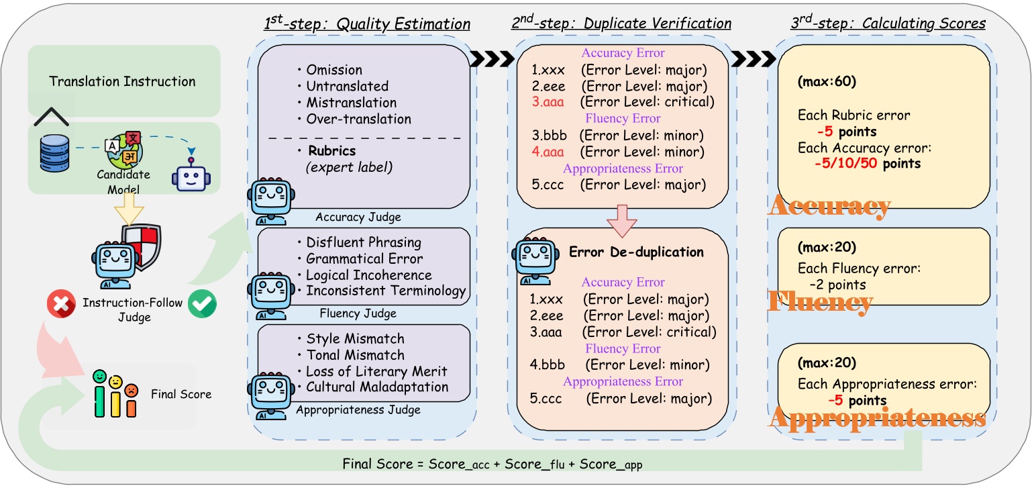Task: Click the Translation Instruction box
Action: pos(123,81)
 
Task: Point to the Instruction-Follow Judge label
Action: pos(132,309)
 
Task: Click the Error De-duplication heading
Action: pos(636,253)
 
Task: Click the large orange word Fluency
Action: pos(820,301)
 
